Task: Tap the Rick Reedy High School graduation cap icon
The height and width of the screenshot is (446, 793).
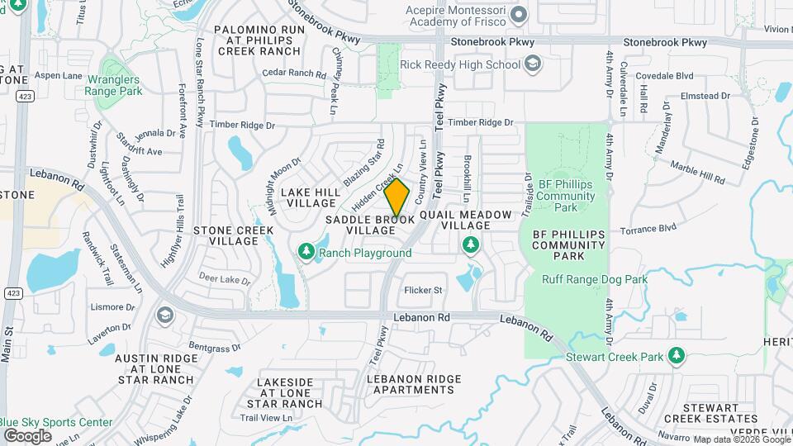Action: coord(534,64)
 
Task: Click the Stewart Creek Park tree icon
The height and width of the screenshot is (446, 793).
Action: coord(677,355)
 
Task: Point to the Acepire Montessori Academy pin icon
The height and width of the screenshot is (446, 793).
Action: coord(519,14)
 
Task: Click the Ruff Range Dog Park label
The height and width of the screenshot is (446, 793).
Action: coord(595,279)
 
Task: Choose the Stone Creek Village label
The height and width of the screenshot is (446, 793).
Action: coord(226,235)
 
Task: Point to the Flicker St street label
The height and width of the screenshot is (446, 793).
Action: coord(424,290)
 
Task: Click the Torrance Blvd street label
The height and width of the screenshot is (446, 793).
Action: coord(648,227)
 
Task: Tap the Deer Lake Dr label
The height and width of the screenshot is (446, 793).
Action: coord(225,280)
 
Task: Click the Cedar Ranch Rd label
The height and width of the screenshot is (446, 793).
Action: coord(294,74)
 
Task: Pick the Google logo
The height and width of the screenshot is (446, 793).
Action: coord(27,435)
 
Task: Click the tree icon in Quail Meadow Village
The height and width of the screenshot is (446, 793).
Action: coord(471,244)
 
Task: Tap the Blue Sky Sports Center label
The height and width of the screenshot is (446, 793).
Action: coord(57,422)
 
